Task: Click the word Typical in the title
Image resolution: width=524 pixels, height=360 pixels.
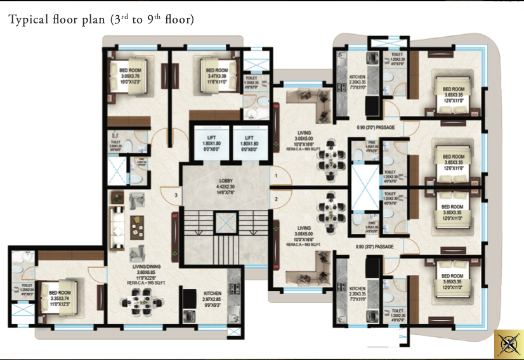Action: pos(28,20)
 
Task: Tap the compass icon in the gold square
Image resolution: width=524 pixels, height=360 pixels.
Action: pos(508,344)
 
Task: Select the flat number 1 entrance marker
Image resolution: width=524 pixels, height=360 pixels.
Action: pos(276,174)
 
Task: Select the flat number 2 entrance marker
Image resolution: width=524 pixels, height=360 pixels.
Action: pos(276,200)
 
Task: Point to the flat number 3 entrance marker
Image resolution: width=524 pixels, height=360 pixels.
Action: pos(175,195)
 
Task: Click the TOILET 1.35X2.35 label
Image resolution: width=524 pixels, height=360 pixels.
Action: pos(251,80)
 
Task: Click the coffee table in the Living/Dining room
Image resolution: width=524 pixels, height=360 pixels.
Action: pos(135,225)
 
